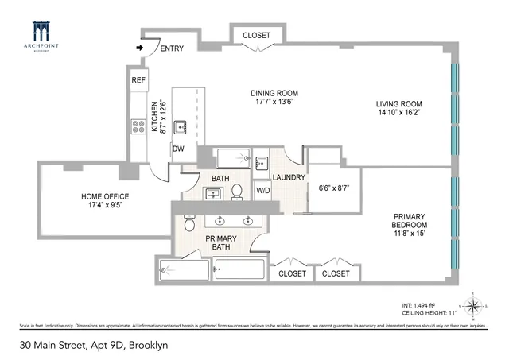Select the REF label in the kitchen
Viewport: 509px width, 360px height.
coord(138,79)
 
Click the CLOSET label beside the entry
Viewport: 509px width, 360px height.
coord(256,35)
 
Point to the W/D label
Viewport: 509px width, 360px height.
coord(262,191)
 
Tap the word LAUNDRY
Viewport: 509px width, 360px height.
coord(288,177)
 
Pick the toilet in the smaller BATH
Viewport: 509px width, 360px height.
coord(236,192)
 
